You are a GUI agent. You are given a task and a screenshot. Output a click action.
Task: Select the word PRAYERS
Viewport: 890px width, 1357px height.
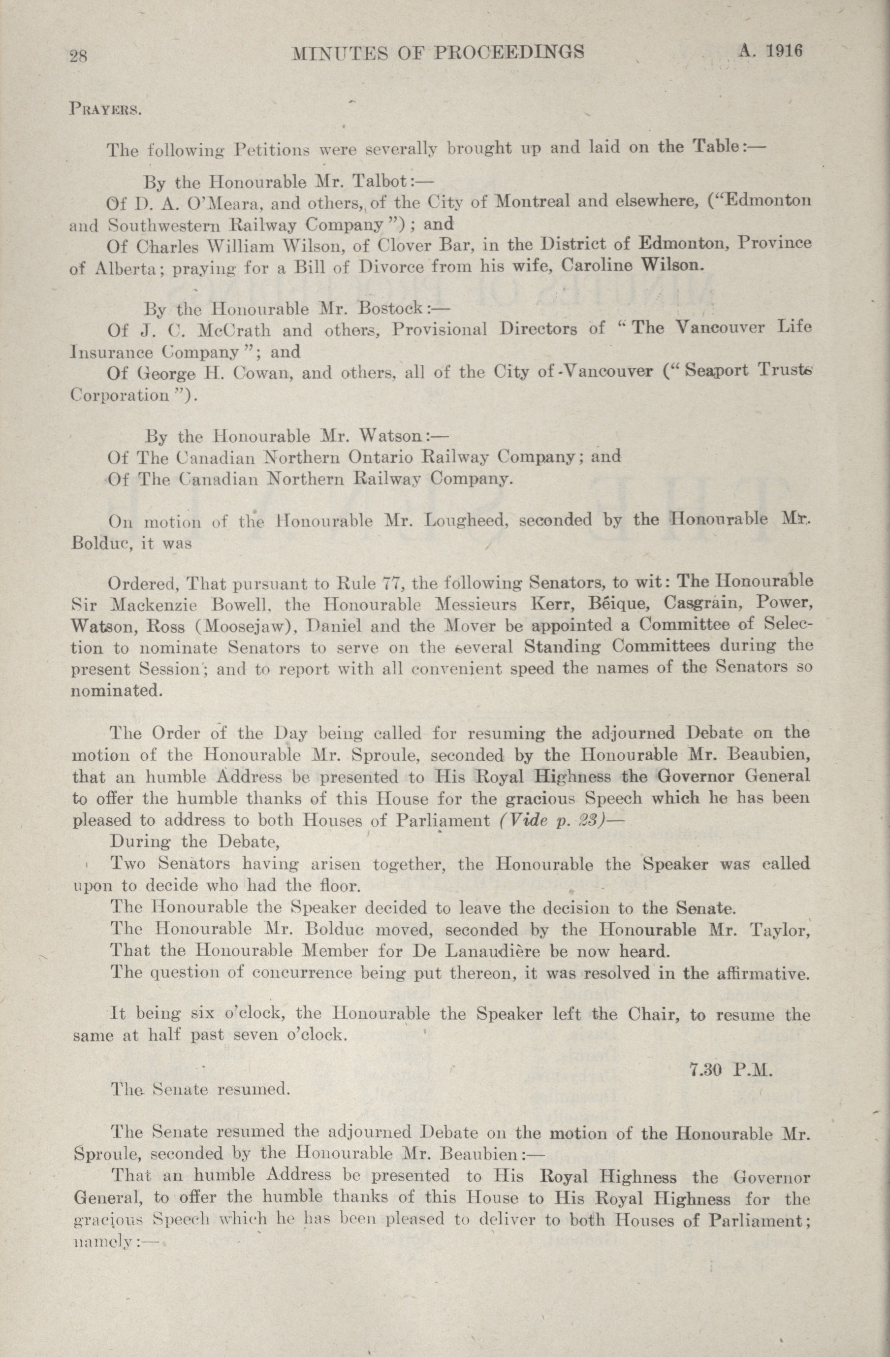point(105,109)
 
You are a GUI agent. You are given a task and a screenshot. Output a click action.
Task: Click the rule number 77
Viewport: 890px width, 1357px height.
point(389,584)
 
